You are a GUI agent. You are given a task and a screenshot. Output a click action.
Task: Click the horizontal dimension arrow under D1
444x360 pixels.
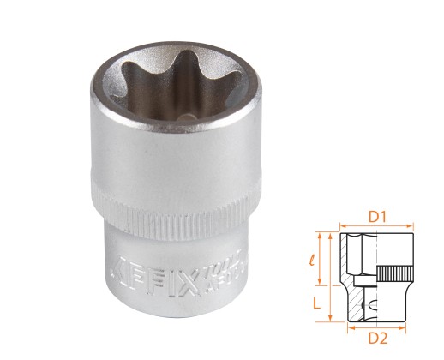377,229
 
